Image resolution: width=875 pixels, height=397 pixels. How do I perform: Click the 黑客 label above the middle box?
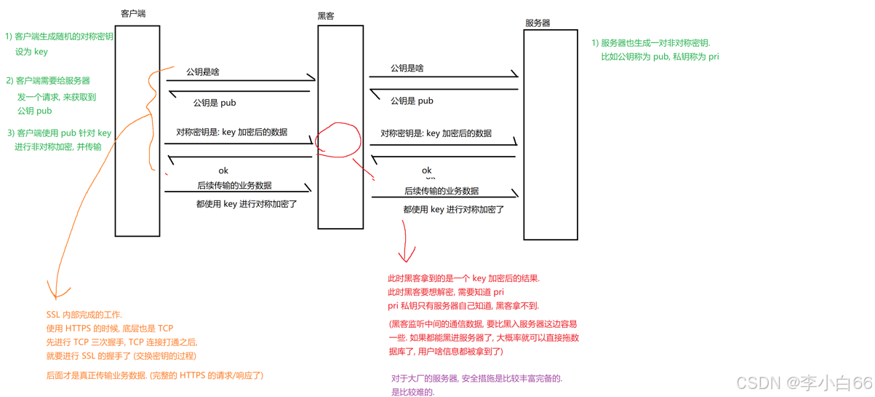tap(326, 15)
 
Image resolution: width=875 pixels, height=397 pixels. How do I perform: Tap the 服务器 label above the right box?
tap(538, 23)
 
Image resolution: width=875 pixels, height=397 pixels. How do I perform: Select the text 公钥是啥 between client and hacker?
tap(202, 71)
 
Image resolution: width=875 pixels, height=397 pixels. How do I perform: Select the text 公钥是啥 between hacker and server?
tap(407, 68)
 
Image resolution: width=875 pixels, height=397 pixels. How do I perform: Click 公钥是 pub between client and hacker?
tap(214, 103)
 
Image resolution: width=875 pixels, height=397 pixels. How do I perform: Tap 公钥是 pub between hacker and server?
tap(412, 101)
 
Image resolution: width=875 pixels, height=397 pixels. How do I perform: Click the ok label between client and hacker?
tap(223, 170)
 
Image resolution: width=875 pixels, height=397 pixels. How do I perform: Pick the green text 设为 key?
tap(31, 52)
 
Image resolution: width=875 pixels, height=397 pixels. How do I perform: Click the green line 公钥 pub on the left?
tap(34, 111)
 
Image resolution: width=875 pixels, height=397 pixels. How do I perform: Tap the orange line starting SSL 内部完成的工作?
tap(84, 314)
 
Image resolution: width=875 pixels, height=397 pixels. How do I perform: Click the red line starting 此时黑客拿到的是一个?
tap(463, 278)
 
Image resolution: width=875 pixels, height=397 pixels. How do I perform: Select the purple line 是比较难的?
tap(412, 392)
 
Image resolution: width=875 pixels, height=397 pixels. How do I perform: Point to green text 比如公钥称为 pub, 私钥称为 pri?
tap(660, 56)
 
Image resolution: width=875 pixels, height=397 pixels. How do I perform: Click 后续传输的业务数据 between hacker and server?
tap(442, 191)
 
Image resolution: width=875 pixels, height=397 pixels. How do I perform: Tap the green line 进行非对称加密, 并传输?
tap(58, 146)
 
